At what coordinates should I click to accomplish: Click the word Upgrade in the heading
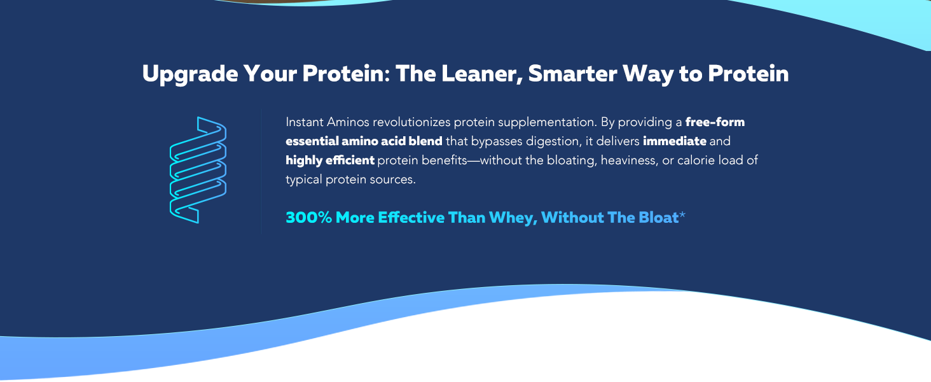[x=190, y=74]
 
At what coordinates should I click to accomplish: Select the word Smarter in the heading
[x=572, y=74]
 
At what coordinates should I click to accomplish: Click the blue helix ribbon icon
[x=198, y=170]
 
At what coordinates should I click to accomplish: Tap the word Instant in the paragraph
[x=305, y=122]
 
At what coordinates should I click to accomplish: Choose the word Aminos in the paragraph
[x=348, y=122]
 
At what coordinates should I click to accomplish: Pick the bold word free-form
[x=715, y=122]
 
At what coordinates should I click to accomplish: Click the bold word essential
[x=312, y=141]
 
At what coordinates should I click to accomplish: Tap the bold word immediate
[x=675, y=141]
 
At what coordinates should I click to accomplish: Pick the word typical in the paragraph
[x=304, y=180]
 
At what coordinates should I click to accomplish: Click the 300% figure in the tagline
[x=309, y=218]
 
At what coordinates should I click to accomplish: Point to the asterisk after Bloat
[x=682, y=215]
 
